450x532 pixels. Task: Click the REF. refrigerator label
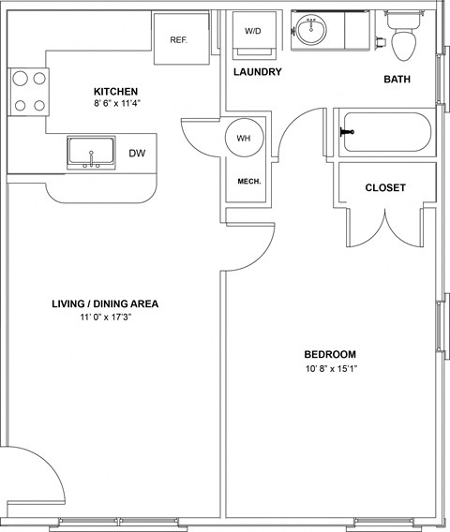(179, 40)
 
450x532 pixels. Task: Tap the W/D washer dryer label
(253, 31)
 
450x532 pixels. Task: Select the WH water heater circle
(244, 138)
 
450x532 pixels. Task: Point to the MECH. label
(249, 182)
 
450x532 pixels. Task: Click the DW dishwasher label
(137, 154)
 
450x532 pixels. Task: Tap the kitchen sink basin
(91, 151)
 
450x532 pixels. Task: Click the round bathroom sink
(310, 29)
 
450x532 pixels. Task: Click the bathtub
(387, 132)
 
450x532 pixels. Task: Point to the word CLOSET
(385, 187)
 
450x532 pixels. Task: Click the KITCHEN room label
(116, 92)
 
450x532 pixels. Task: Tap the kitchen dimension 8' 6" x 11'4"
(117, 103)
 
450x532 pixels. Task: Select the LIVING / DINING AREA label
(105, 303)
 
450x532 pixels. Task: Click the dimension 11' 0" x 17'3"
(106, 318)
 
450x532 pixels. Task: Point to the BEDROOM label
(330, 355)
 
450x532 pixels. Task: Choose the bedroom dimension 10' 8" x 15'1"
(332, 368)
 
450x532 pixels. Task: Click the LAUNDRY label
(258, 72)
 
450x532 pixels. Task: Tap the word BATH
(397, 79)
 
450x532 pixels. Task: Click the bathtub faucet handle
(347, 132)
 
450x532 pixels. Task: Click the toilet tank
(403, 20)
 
